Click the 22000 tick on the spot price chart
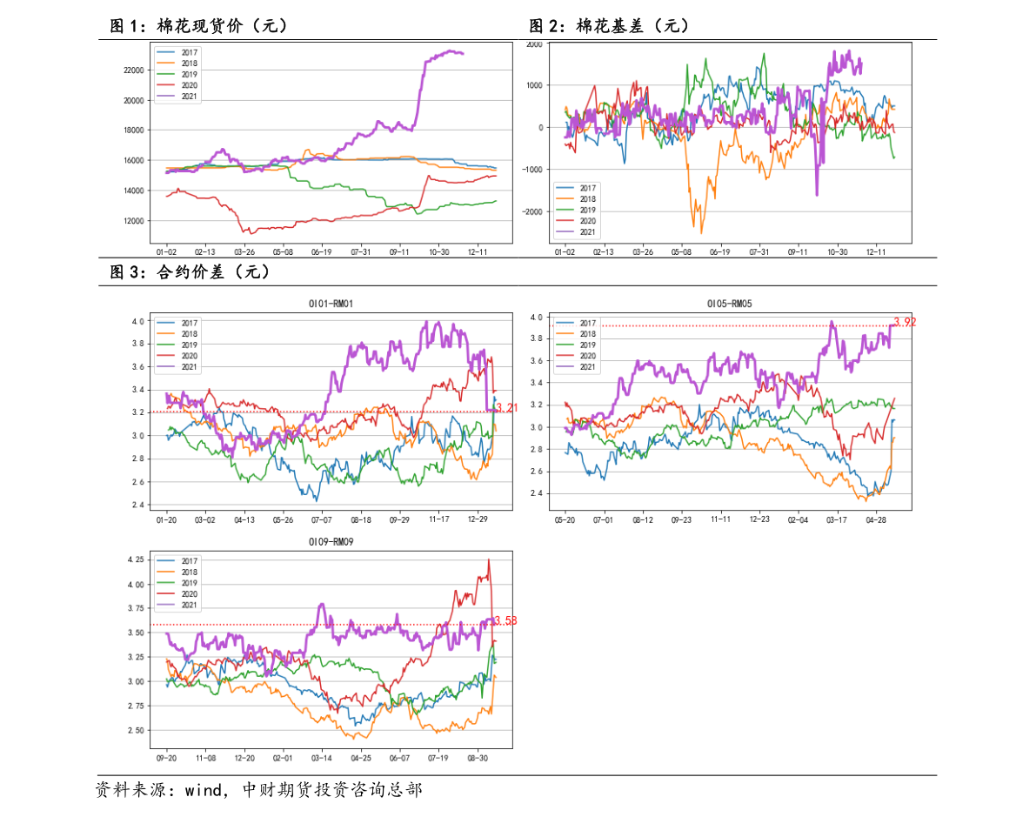[x=133, y=70]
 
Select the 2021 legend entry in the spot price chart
[x=177, y=97]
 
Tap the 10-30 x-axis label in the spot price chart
[x=438, y=251]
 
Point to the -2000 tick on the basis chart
[x=531, y=211]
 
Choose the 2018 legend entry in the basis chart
[x=576, y=199]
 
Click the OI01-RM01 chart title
[x=331, y=304]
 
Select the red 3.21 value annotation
[x=507, y=407]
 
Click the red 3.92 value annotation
[x=906, y=322]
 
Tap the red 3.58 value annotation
[x=506, y=620]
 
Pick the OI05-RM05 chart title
[x=730, y=304]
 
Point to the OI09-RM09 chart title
[x=331, y=541]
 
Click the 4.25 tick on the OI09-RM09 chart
[x=136, y=559]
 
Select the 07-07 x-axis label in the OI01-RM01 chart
[x=322, y=519]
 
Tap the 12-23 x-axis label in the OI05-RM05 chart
[x=759, y=519]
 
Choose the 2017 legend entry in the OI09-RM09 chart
[x=177, y=561]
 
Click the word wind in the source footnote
[x=203, y=790]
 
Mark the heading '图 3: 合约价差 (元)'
[x=190, y=271]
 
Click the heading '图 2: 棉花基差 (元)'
[x=609, y=26]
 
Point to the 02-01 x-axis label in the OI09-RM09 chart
[x=283, y=758]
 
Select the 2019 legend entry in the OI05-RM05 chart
[x=576, y=345]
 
